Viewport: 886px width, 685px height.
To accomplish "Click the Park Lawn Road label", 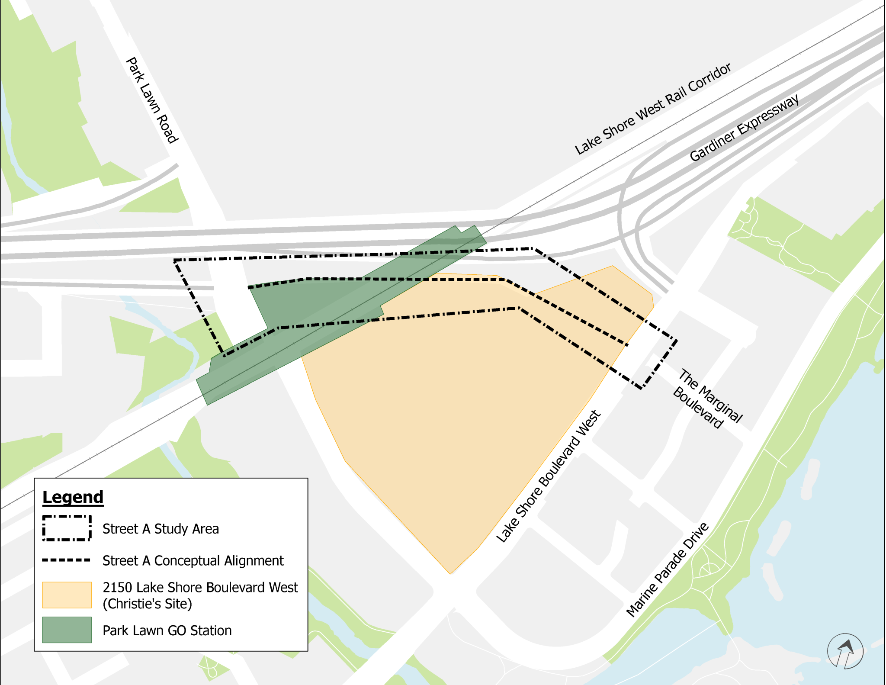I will click(151, 100).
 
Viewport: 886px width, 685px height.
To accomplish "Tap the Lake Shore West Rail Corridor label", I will click(652, 109).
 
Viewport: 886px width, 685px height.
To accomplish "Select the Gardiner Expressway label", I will click(744, 128).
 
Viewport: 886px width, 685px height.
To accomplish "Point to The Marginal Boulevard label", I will click(708, 399).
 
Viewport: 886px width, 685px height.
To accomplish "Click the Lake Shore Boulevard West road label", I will click(548, 476).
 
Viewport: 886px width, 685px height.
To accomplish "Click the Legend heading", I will click(73, 497).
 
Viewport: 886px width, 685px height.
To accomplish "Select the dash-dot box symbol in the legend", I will click(67, 528).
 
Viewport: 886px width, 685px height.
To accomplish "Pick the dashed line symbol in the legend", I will click(67, 560).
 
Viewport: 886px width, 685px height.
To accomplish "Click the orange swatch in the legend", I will click(67, 595).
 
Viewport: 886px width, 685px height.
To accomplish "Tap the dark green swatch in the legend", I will click(67, 630).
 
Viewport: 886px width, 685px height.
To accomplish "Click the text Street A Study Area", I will click(161, 529).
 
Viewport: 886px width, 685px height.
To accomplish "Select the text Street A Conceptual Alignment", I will click(193, 560).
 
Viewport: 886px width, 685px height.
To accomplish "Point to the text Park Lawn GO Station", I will click(167, 630).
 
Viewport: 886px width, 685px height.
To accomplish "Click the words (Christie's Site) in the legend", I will click(147, 604).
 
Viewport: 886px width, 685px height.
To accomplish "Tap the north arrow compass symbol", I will click(844, 651).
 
